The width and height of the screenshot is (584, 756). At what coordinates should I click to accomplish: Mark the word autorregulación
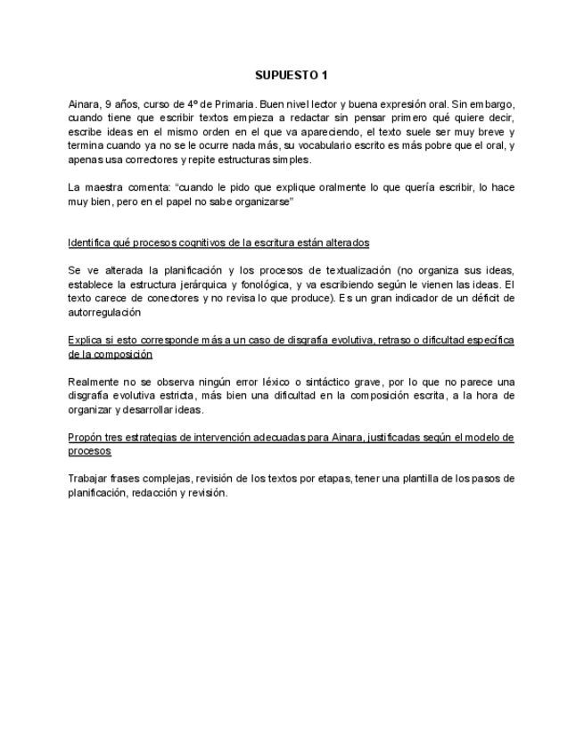(x=105, y=312)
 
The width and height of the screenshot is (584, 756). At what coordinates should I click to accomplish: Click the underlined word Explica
(x=85, y=340)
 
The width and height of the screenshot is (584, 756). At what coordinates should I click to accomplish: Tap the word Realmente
(x=94, y=382)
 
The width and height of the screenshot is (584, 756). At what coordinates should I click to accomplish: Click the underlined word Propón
(x=84, y=437)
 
